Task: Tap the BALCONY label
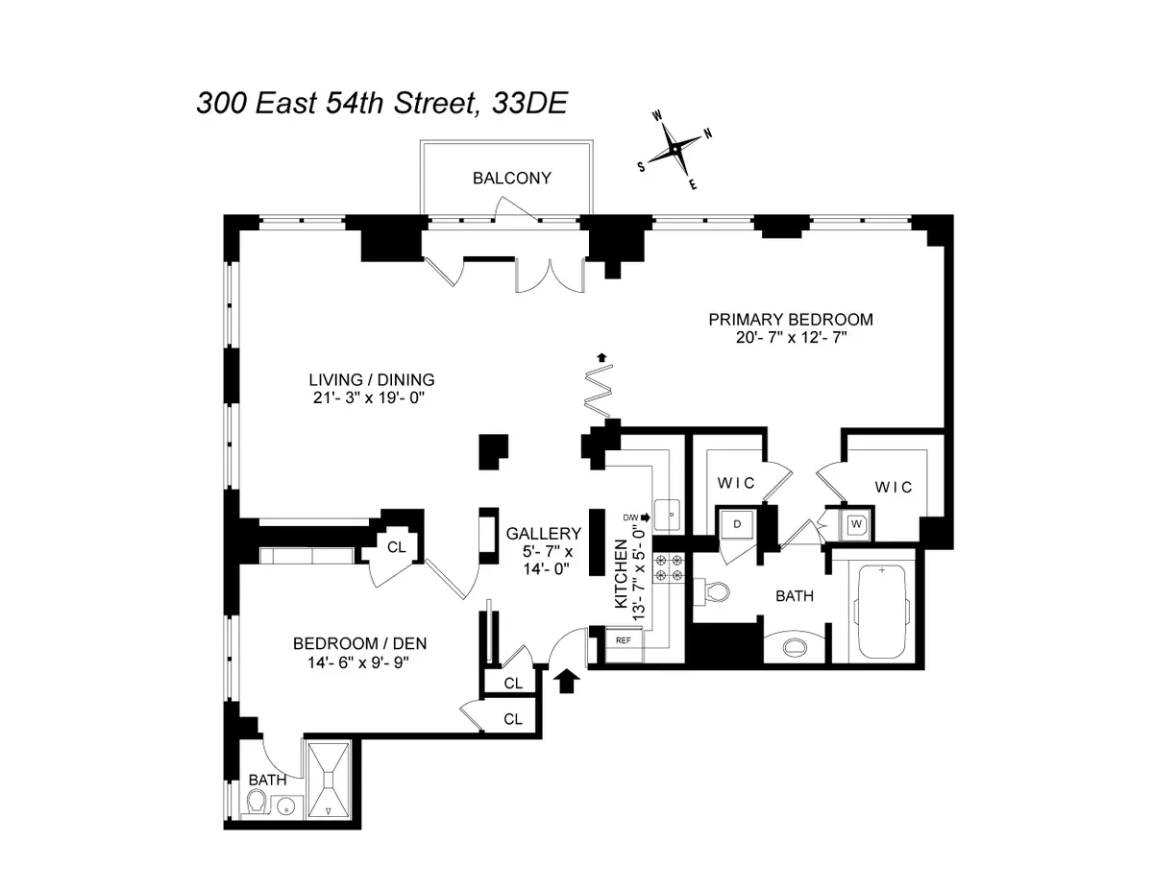coord(511,178)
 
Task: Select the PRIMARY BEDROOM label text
coord(790,320)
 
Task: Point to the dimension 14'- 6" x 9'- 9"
coord(357,661)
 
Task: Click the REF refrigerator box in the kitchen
coord(623,640)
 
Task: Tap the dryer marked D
coord(737,524)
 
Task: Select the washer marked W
coord(855,525)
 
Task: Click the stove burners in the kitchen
coord(668,567)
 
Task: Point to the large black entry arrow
coord(567,681)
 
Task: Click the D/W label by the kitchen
coord(631,517)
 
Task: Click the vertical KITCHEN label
coord(622,576)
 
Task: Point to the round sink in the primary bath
coord(795,646)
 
